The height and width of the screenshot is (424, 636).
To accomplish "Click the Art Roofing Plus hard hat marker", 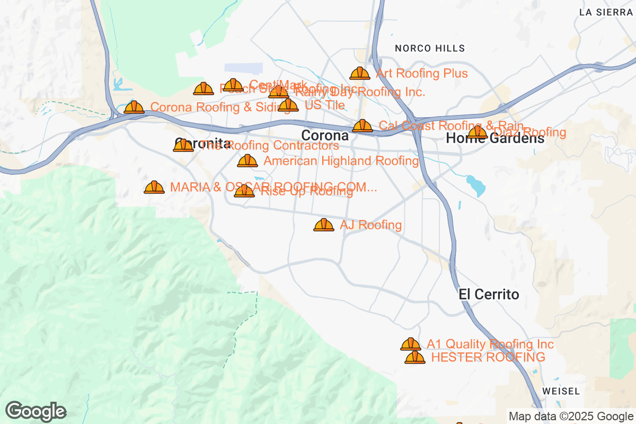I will (360, 74).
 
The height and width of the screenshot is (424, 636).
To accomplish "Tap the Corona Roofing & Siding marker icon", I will (134, 108).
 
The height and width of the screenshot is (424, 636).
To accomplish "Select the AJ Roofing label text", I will (370, 225).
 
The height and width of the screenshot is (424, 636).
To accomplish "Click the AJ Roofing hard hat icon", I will (324, 226).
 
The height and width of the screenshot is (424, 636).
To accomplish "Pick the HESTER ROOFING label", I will (488, 357).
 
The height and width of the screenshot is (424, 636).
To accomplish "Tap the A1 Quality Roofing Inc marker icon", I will (411, 344).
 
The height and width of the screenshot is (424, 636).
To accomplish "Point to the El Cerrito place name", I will (489, 295).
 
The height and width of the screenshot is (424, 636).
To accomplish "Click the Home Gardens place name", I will (495, 139).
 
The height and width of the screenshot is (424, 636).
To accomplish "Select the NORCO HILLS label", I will (430, 48).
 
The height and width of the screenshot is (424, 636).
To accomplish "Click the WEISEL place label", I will (561, 391).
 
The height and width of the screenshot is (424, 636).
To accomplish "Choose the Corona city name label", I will (325, 136).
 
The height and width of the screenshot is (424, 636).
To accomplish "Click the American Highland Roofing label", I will (341, 161).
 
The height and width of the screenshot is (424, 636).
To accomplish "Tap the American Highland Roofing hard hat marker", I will (248, 161).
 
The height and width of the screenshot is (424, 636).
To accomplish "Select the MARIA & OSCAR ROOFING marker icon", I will (154, 188).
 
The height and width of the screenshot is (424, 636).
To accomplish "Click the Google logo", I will (36, 411).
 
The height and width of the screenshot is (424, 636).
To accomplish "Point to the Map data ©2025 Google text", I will (571, 417).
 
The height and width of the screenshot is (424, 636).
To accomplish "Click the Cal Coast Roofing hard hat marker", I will (363, 126).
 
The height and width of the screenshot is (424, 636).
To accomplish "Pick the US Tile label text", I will (324, 105).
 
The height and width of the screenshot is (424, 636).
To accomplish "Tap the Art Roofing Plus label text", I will (422, 73).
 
